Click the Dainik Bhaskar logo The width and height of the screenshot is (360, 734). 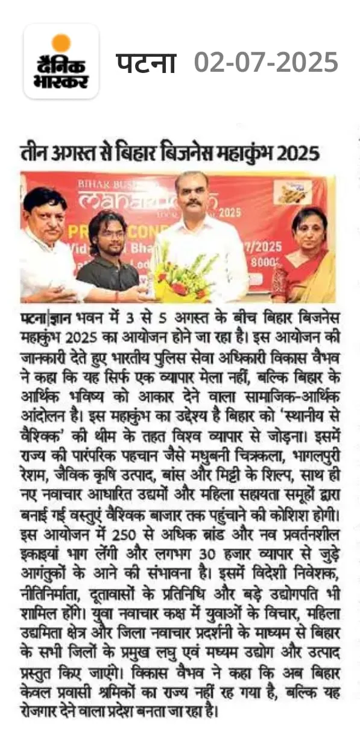pyautogui.click(x=61, y=62)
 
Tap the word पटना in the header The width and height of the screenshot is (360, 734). pyautogui.click(x=146, y=62)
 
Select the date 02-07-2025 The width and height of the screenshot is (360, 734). pyautogui.click(x=266, y=62)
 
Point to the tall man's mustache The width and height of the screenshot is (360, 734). pyautogui.click(x=194, y=204)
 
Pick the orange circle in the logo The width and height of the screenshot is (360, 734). pyautogui.click(x=61, y=43)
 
